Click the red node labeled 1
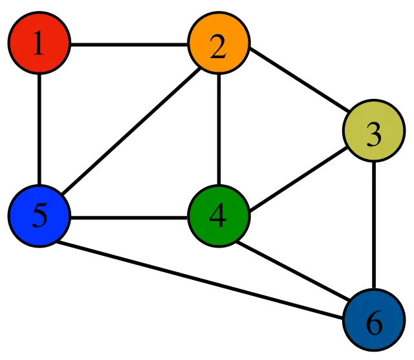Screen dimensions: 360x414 tap(39, 45)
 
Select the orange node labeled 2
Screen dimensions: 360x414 tap(219, 45)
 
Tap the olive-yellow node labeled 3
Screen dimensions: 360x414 tap(373, 134)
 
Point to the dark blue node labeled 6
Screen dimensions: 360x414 tap(373, 321)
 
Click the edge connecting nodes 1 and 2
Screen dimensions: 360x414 tap(129, 45)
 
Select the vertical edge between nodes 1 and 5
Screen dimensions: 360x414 tap(39, 130)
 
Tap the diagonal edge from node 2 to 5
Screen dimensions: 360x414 tap(129, 131)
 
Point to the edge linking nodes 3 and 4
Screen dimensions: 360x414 tap(296, 175)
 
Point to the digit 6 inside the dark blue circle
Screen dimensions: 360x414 tap(373, 322)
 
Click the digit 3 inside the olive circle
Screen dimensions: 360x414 tap(373, 135)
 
